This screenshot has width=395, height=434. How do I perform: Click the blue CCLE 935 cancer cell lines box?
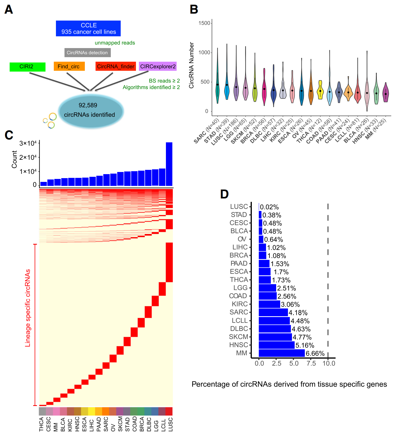88,28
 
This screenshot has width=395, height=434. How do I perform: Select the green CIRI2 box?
27,67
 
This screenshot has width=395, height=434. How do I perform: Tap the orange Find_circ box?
69,66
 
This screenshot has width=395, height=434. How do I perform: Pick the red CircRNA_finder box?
115,66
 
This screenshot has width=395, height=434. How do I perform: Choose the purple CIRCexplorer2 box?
158,66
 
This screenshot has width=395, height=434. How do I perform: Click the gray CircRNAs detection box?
87,53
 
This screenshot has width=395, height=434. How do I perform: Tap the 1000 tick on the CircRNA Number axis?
204,53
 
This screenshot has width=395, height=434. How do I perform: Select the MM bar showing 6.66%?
282,353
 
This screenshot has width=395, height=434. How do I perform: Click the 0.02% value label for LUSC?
269,207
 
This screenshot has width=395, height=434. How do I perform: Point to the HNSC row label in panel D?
238,345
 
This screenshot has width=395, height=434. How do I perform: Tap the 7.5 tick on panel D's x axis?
311,363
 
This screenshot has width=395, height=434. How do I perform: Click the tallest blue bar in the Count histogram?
169,164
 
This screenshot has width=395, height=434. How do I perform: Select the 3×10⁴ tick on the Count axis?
28,143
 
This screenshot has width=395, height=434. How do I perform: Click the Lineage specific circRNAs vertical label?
28,308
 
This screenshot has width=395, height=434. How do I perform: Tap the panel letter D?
224,194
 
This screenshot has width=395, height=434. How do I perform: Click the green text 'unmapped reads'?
115,43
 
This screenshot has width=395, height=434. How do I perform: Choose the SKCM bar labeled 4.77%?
275,337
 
